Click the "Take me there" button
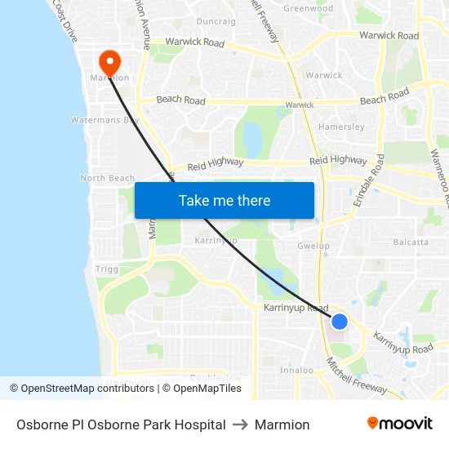tap(224, 200)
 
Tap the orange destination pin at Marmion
tap(109, 61)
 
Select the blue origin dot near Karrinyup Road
tap(340, 322)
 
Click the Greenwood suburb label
tap(308, 8)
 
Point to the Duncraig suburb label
tap(216, 21)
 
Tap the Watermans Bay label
tap(104, 120)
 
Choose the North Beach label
tap(107, 178)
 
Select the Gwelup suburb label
tap(313, 245)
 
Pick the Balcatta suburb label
tap(411, 242)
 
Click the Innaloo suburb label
tap(296, 370)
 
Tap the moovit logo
tap(399, 424)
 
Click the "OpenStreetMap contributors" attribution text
tap(87, 389)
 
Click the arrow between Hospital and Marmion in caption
tap(240, 425)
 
